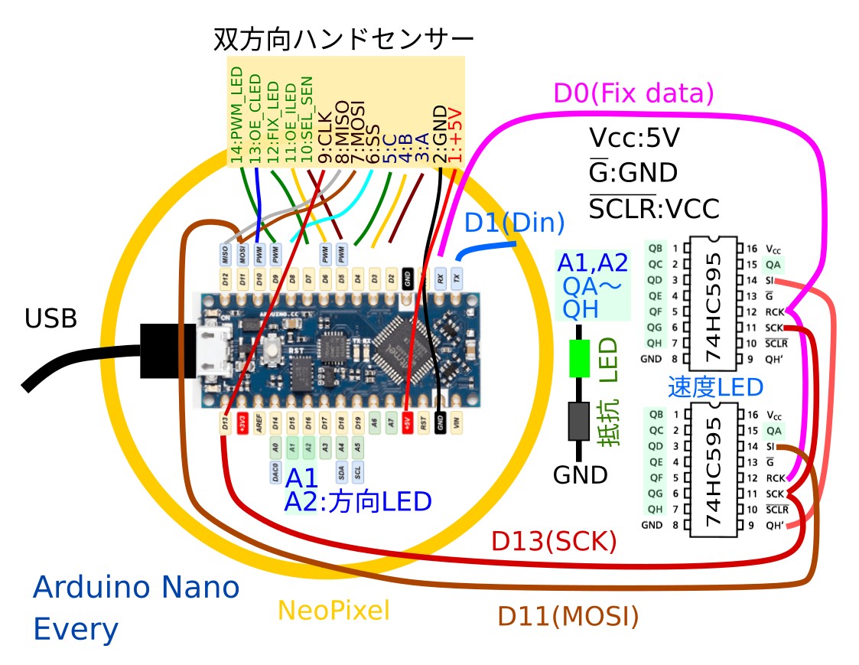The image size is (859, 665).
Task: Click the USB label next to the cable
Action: click(x=51, y=318)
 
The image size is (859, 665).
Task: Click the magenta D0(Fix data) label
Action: click(x=633, y=94)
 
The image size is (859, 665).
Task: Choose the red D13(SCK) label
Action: click(x=554, y=541)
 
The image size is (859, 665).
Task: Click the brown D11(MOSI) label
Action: click(x=568, y=615)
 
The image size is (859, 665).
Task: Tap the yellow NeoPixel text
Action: click(x=334, y=610)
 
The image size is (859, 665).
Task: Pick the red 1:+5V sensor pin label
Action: click(x=456, y=134)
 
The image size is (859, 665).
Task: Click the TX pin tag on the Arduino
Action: click(x=457, y=277)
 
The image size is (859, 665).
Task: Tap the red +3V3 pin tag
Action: click(x=242, y=423)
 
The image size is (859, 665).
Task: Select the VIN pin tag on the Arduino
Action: click(x=457, y=423)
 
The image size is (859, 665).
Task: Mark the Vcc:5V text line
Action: click(x=636, y=139)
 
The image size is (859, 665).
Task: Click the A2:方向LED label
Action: click(x=357, y=502)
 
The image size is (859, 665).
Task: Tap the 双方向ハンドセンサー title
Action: click(x=343, y=39)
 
